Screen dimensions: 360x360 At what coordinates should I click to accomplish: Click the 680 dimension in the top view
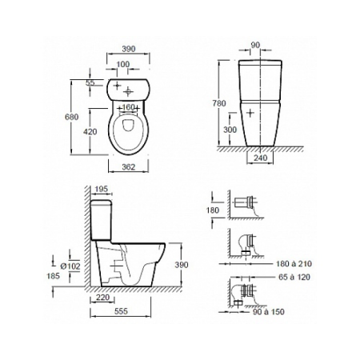[x=72, y=117]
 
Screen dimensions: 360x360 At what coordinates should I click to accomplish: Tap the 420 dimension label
[x=90, y=131]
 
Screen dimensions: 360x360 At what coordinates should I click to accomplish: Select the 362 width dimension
[x=129, y=167]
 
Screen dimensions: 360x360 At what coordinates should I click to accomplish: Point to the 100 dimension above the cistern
[x=123, y=64]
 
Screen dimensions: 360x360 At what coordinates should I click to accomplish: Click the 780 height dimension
[x=219, y=103]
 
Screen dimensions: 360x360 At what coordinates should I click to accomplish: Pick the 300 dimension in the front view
[x=230, y=130]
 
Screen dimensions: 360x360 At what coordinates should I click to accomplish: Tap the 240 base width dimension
[x=260, y=158]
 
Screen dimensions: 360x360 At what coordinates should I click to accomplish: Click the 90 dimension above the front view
[x=255, y=46]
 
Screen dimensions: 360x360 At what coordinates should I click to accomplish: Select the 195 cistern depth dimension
[x=102, y=189]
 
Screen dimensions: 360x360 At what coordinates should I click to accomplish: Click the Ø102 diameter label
[x=70, y=266]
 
